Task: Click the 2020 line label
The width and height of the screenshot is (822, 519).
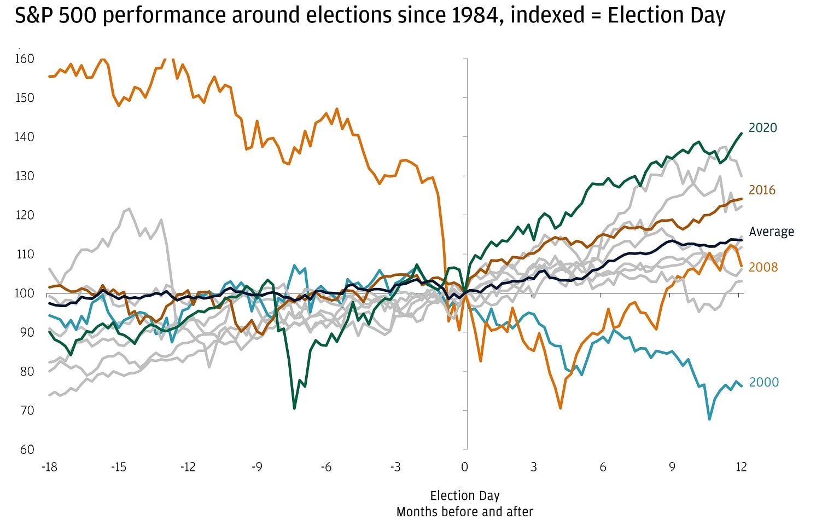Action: coord(762,128)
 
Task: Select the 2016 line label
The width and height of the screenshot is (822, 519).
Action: coord(762,190)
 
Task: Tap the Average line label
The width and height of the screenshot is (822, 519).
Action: coord(771,232)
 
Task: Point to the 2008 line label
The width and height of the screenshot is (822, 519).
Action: coord(763,267)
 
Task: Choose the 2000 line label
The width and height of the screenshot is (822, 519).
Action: coord(763,382)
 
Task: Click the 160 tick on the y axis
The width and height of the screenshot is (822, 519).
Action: coord(24,59)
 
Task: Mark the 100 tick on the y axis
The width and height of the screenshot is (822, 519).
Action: coord(24,293)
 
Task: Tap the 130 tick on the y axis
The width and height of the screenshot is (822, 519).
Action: coord(24,176)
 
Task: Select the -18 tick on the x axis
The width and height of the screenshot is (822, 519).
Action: coord(49,467)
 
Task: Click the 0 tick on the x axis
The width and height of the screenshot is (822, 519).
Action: coord(464,467)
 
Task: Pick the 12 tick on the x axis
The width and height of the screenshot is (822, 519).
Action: coord(741,467)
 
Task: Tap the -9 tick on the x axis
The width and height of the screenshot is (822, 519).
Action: coord(256,467)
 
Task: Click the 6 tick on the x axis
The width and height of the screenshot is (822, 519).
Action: coord(603,467)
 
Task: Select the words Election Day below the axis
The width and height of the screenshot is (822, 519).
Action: coord(465,496)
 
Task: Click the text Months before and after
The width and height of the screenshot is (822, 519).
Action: coord(465,512)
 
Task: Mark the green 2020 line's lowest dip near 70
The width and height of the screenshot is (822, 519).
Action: coord(294,408)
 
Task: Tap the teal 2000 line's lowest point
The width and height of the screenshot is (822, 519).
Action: coord(710,419)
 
